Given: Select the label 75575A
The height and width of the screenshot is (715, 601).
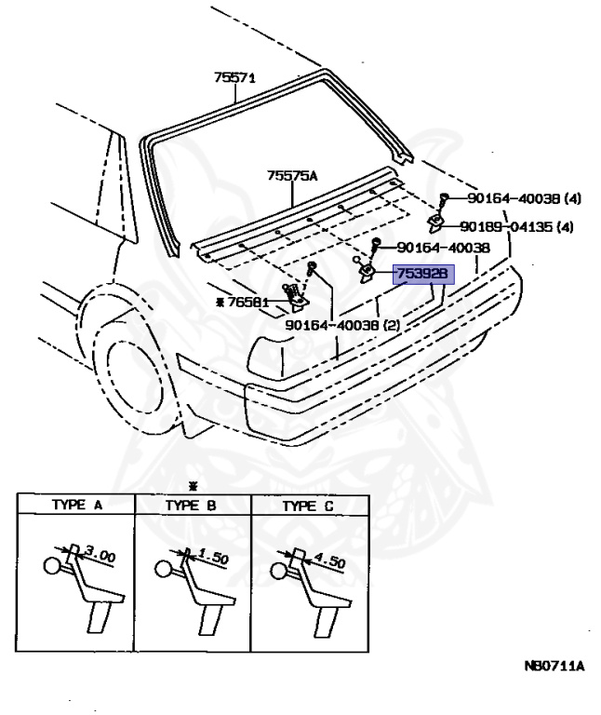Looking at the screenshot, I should [292, 175].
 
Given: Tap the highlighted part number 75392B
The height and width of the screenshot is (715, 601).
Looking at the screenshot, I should [422, 274].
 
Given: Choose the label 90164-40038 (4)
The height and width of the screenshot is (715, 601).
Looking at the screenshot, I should [524, 198].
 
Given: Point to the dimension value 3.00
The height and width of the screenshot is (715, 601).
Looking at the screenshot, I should [100, 556].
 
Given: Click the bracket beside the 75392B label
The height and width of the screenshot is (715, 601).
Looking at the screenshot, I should [367, 272].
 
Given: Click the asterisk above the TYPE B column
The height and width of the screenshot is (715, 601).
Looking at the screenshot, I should [193, 487].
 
